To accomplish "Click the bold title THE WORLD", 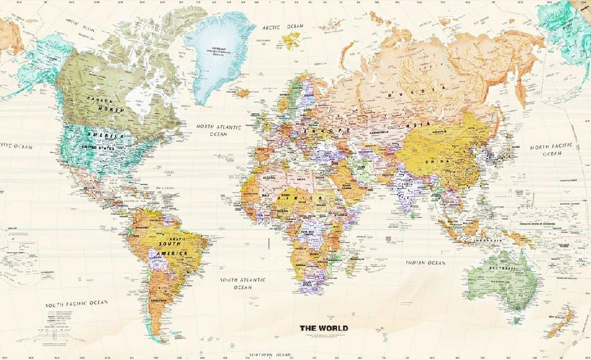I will (x=323, y=328).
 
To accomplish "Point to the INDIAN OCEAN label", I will (x=425, y=263).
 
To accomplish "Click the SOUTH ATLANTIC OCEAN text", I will (x=243, y=283).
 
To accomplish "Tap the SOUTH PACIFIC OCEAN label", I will (x=77, y=302).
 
